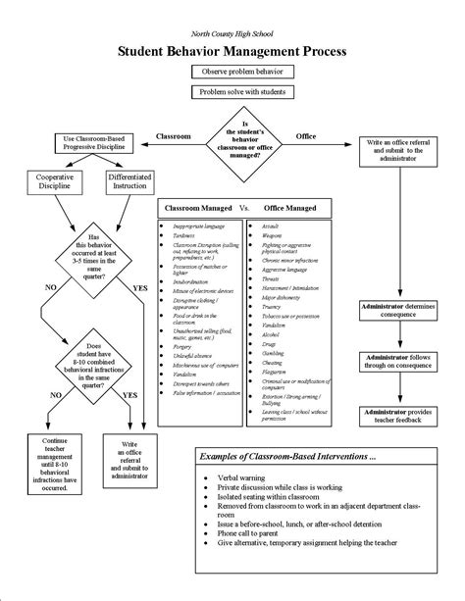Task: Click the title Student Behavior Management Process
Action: coord(232,49)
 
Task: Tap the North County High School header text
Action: coord(232,32)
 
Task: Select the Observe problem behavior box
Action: coord(232,73)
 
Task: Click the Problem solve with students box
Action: coord(232,92)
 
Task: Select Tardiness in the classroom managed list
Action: coord(187,234)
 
